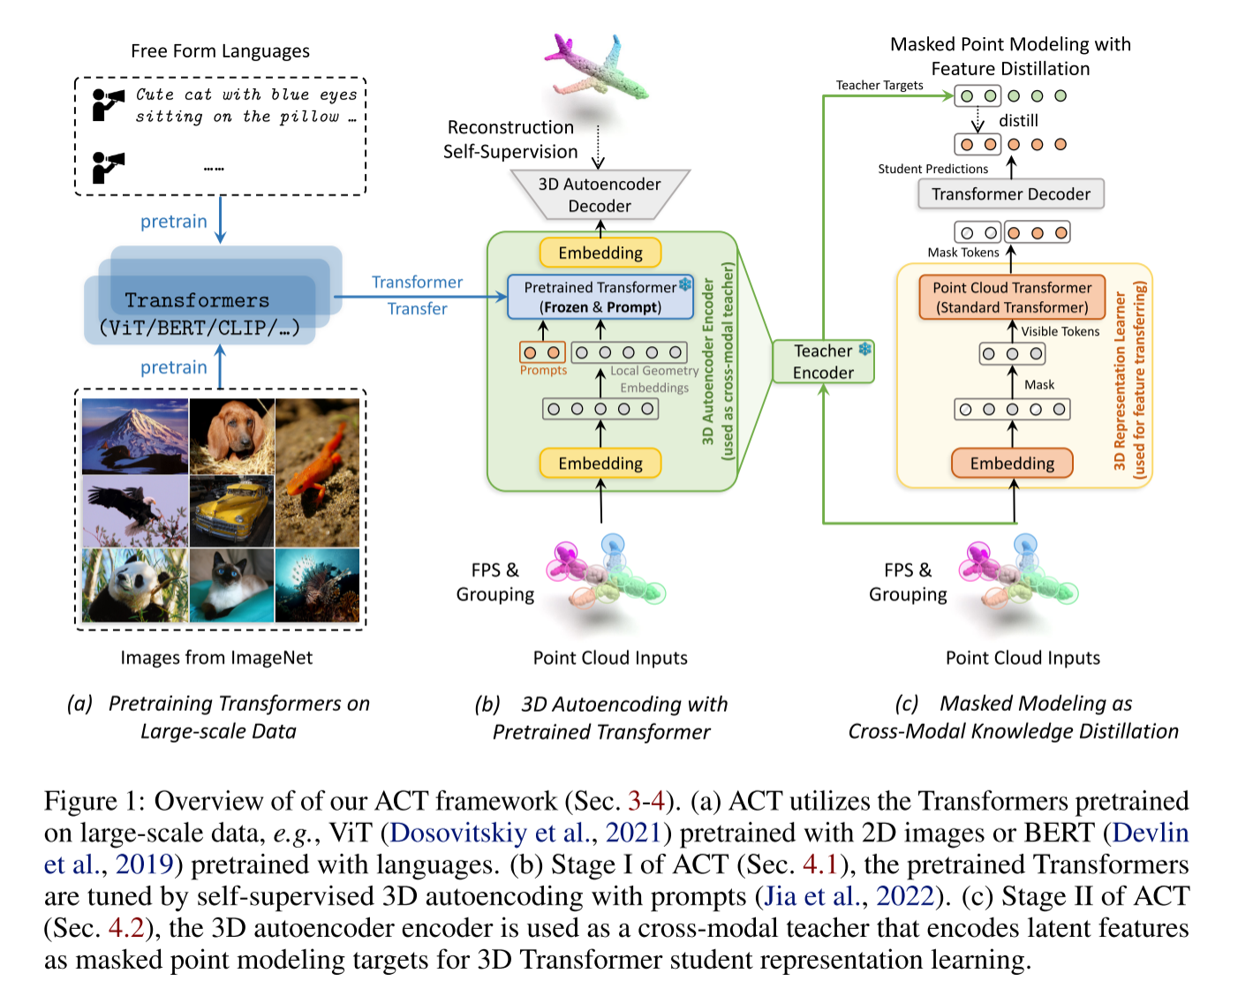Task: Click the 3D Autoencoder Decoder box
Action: (x=600, y=195)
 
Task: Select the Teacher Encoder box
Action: (x=823, y=362)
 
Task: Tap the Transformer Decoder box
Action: (x=1011, y=194)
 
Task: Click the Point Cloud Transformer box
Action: (x=1012, y=298)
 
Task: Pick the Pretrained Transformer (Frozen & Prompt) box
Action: (x=600, y=298)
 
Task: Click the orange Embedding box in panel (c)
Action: (x=1012, y=464)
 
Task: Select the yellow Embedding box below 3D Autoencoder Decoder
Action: (x=600, y=253)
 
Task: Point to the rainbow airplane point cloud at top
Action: (x=597, y=69)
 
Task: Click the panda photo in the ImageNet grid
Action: (x=134, y=585)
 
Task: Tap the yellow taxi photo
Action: (x=231, y=511)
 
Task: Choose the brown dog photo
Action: (x=231, y=436)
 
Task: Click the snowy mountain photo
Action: (x=134, y=436)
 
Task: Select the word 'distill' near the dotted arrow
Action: (x=1018, y=121)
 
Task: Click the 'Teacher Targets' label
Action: (x=879, y=86)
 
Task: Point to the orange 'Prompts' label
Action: (x=543, y=371)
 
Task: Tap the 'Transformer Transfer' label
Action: (x=417, y=295)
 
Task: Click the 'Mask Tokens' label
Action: (x=963, y=253)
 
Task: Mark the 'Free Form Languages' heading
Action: (x=220, y=51)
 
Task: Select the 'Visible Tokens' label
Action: (x=1061, y=331)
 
